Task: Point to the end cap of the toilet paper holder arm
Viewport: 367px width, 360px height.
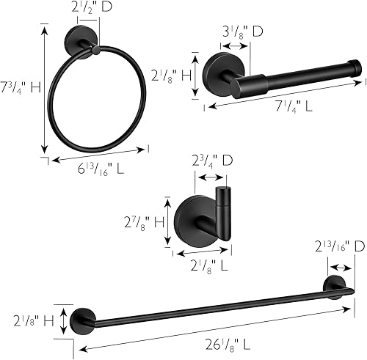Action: [x=355, y=70]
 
